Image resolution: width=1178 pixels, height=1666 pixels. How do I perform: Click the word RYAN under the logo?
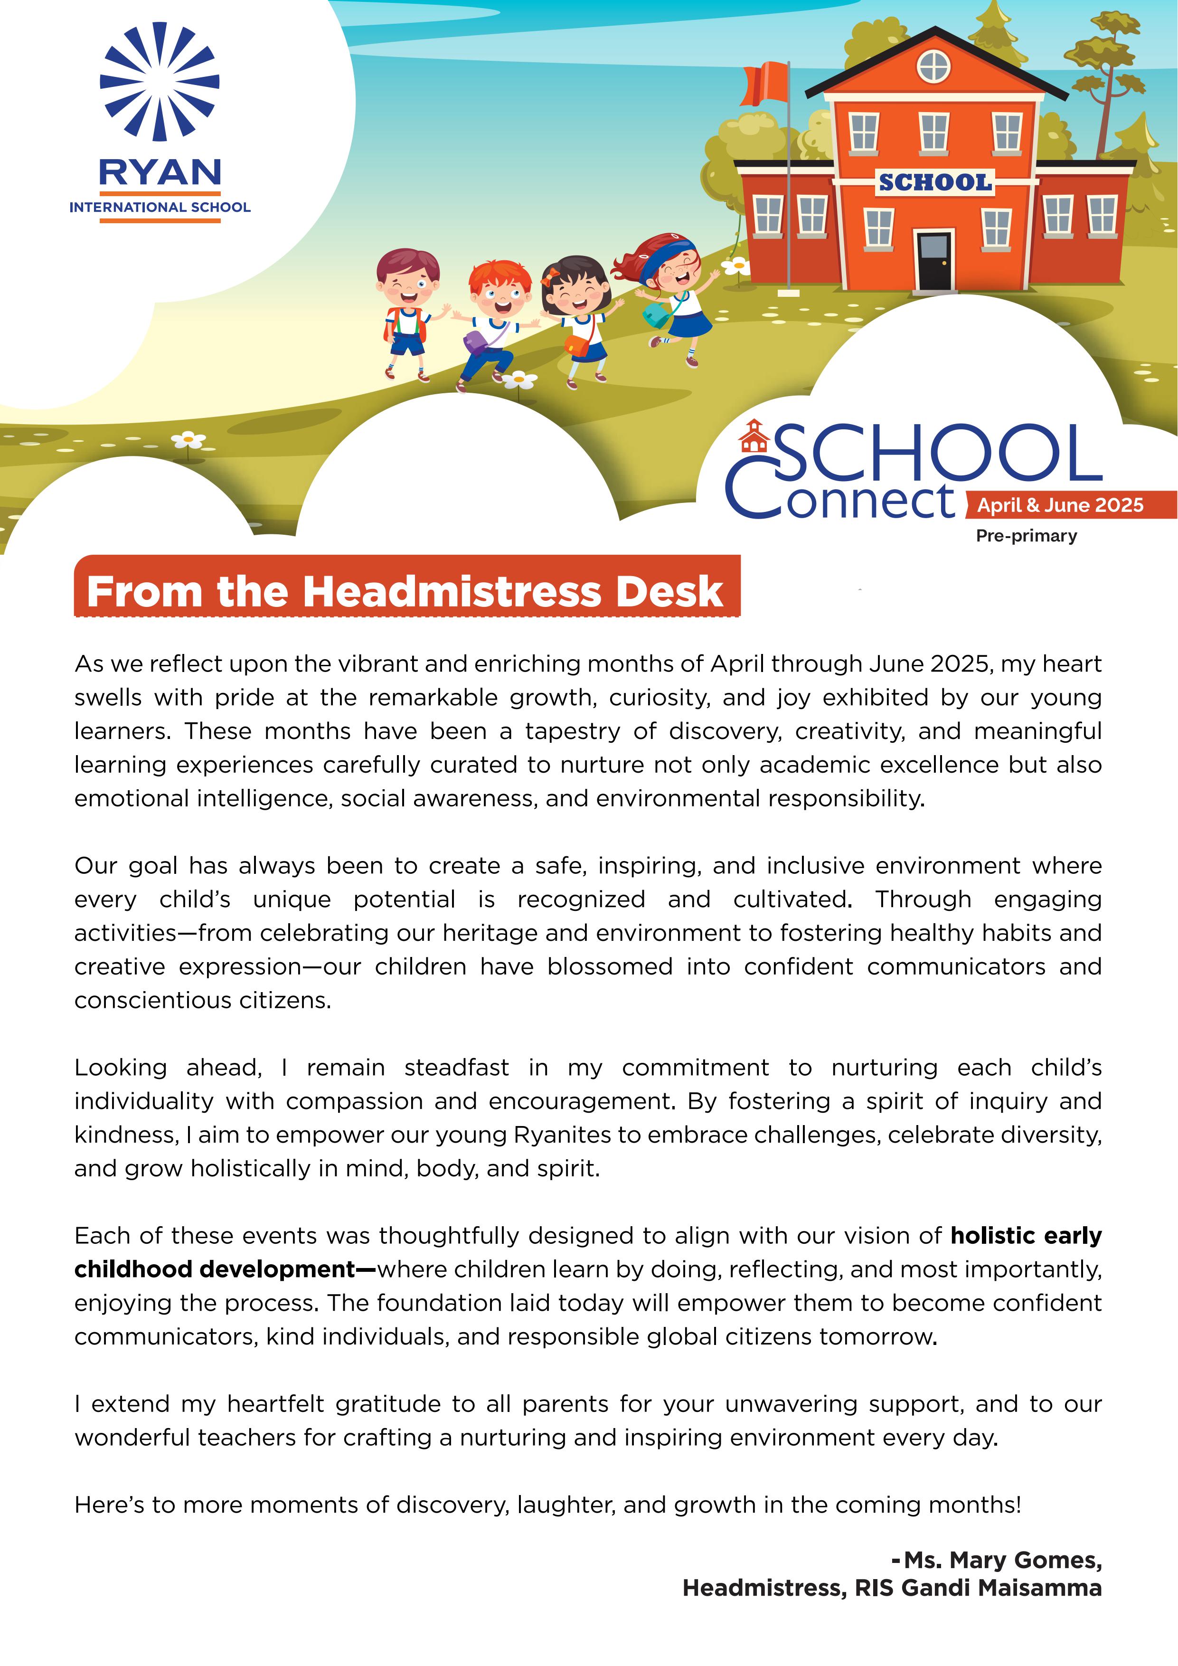point(160,173)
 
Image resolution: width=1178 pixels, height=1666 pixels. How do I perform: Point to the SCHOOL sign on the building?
point(934,182)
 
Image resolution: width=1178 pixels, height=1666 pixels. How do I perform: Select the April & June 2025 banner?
point(1060,505)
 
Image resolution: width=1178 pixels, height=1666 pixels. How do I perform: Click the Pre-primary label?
point(1026,536)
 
